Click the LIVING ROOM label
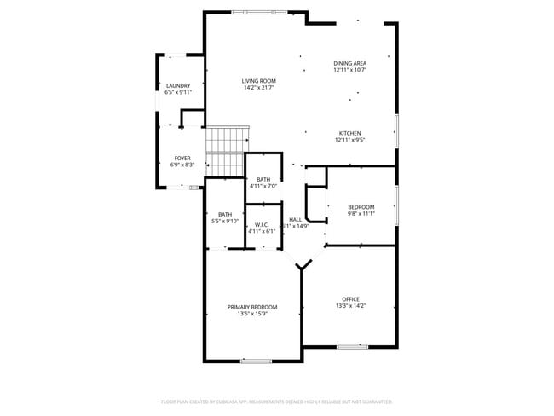point(259,81)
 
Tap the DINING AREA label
point(349,64)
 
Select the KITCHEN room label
point(349,133)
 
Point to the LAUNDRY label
point(178,86)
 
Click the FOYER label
point(182,158)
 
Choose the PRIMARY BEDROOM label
point(251,307)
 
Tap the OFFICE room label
point(351,298)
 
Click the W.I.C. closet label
point(263,224)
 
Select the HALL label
point(296,219)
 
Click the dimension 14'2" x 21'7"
point(259,88)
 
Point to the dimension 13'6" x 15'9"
point(251,314)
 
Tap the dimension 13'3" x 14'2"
point(351,305)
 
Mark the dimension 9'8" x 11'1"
point(361,214)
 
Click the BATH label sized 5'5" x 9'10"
point(225,215)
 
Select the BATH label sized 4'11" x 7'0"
point(263,179)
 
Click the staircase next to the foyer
point(227,150)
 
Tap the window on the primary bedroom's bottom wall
point(256,361)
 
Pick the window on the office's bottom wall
point(352,346)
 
